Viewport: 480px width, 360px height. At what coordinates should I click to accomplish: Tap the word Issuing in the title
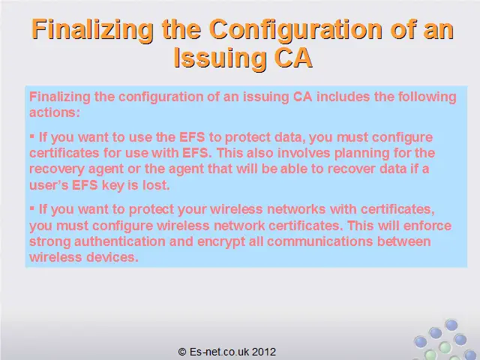[x=220, y=58]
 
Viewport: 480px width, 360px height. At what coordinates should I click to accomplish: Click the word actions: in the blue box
[x=55, y=112]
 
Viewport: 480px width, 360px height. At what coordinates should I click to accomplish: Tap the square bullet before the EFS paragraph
[x=32, y=136]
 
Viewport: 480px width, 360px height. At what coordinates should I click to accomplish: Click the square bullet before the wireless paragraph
[x=32, y=208]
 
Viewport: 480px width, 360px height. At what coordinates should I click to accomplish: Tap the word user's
[x=49, y=185]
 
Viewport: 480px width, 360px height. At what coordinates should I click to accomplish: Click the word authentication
[x=120, y=241]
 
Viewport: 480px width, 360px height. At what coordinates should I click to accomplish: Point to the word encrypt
[x=221, y=242]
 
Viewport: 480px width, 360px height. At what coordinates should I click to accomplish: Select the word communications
[x=320, y=241]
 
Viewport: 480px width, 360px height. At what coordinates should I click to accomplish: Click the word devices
[x=112, y=257]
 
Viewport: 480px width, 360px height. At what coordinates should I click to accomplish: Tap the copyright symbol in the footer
[x=182, y=352]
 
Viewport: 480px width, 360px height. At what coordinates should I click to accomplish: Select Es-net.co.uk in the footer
[x=220, y=352]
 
